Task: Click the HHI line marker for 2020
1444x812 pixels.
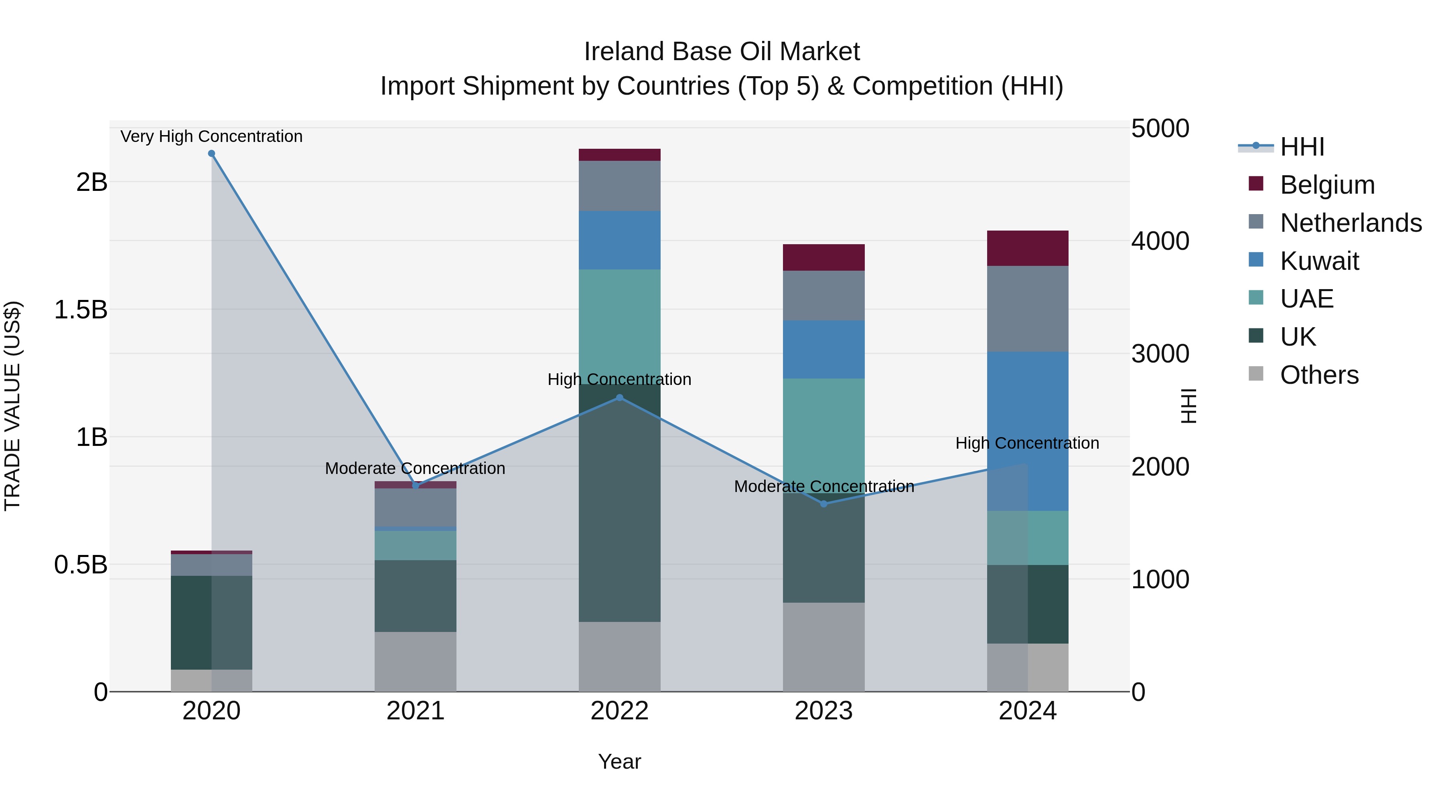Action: (211, 154)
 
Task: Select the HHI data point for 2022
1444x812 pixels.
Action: (619, 398)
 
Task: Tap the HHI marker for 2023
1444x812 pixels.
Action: (823, 504)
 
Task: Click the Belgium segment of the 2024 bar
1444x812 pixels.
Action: (1028, 248)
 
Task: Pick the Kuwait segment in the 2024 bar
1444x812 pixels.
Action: (1028, 431)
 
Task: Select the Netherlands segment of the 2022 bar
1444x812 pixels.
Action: (619, 186)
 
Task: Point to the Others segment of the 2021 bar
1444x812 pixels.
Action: (416, 662)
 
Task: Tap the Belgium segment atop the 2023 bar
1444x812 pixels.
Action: (823, 257)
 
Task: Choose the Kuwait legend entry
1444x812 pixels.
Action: (1318, 261)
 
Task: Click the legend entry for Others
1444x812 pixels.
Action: (1318, 375)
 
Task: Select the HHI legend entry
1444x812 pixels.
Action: (1302, 147)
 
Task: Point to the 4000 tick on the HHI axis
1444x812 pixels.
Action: (1160, 241)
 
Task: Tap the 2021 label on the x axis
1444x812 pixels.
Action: (416, 711)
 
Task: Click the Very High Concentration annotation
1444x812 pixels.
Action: (211, 136)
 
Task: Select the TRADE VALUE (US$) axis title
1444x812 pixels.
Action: (12, 406)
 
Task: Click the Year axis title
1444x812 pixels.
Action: (619, 761)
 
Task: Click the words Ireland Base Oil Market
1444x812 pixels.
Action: (722, 52)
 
